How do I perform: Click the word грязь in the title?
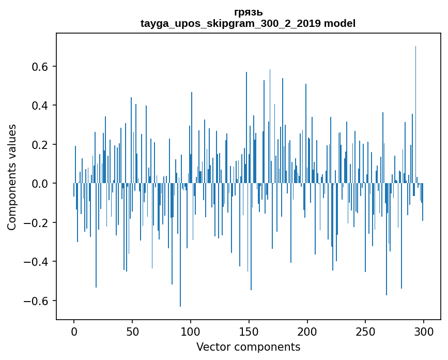point(248,12)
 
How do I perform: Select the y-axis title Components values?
point(12,177)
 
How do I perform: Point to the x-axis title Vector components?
point(248,347)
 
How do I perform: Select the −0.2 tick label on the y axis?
point(38,223)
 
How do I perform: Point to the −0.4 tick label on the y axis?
point(38,262)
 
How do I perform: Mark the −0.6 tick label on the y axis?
point(38,301)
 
